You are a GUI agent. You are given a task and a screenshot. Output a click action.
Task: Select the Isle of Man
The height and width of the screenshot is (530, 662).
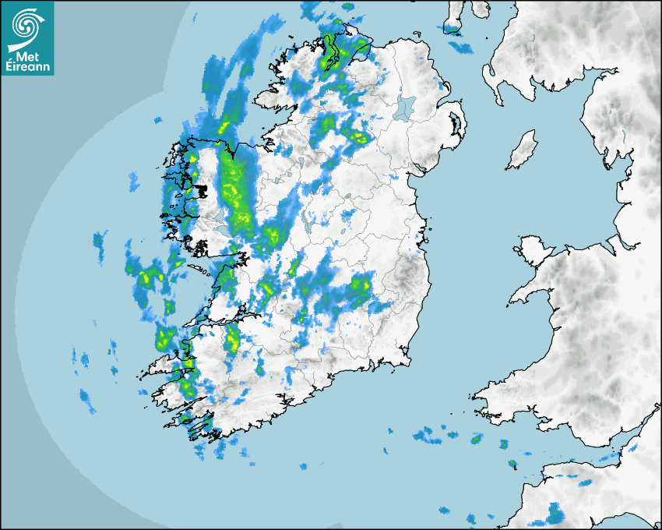pos(523,150)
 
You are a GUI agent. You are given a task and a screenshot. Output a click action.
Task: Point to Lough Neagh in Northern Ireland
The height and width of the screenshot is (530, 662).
pos(405,106)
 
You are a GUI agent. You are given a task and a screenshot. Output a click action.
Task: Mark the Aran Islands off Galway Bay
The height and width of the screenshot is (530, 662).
pos(201,270)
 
